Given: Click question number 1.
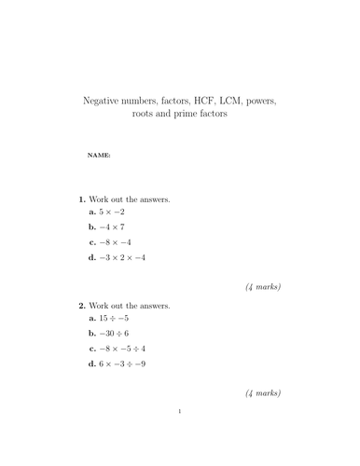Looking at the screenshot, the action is (81, 199).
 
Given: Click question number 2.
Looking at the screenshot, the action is (81, 305).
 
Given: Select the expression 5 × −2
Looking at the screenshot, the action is (118, 212).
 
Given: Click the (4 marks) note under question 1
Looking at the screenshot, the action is (263, 287).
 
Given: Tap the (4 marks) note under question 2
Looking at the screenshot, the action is (263, 392).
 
